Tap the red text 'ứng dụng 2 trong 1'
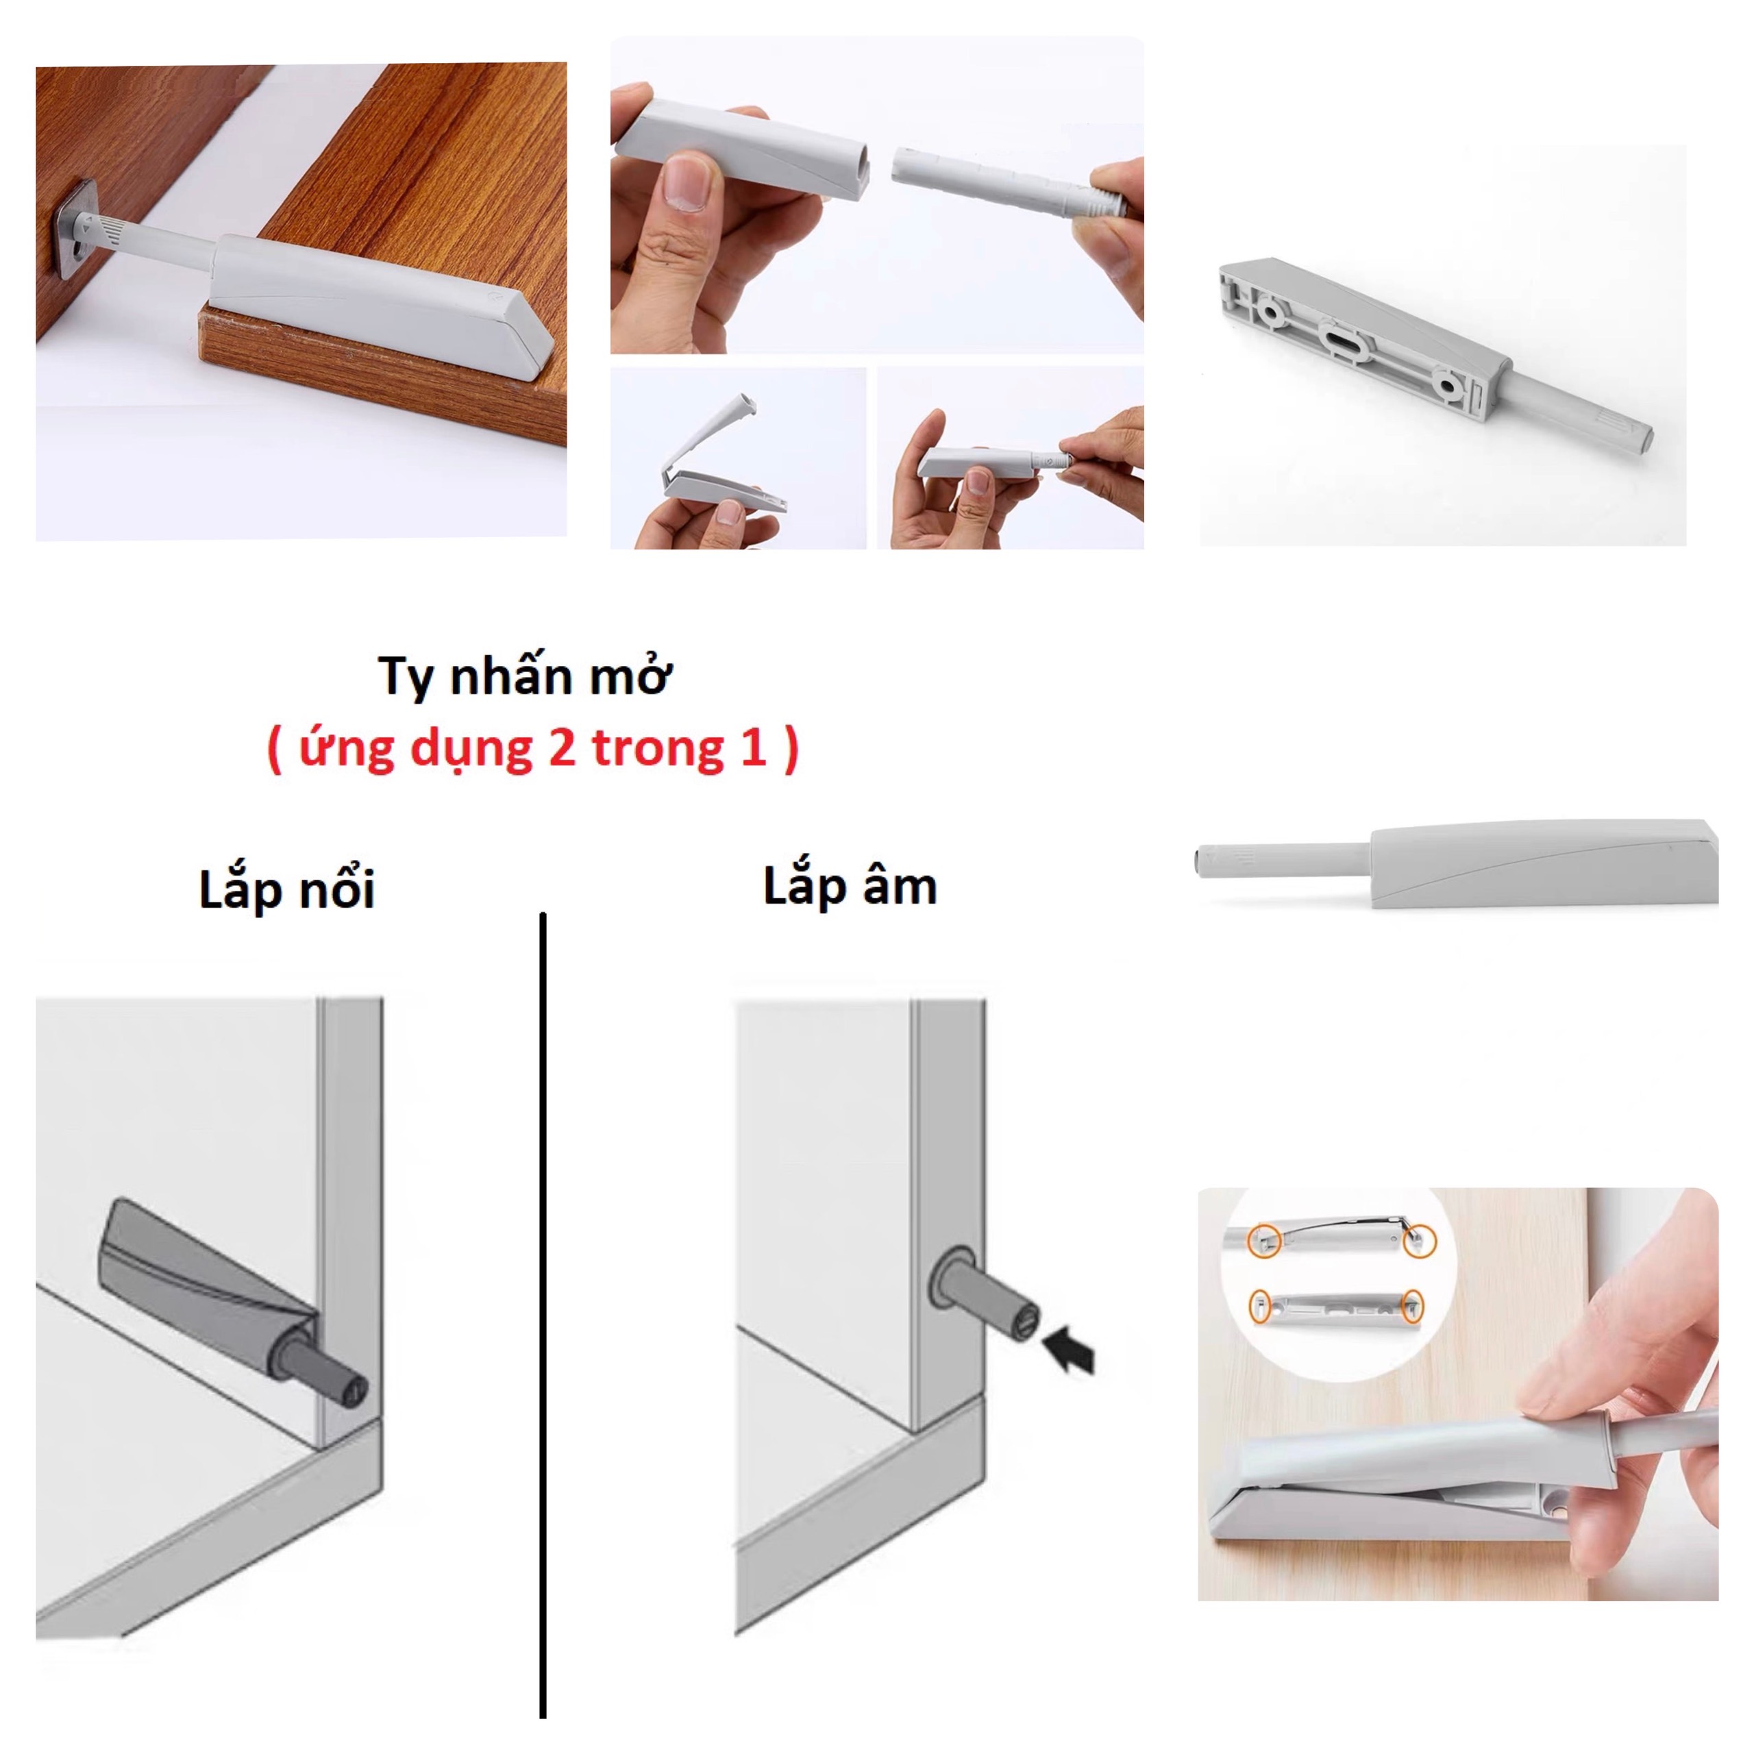click(x=533, y=750)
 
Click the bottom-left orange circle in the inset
click(x=1261, y=1307)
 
